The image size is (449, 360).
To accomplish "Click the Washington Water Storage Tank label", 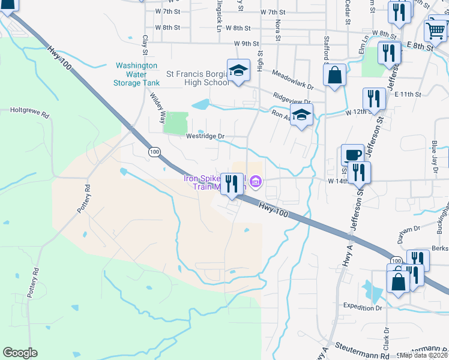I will click(x=136, y=74).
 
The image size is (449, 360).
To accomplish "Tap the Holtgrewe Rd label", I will click(x=29, y=110).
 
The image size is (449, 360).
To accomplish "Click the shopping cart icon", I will click(x=435, y=29).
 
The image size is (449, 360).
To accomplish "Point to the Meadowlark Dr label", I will click(x=292, y=79).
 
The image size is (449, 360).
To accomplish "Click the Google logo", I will click(x=20, y=353).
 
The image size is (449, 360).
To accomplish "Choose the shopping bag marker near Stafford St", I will click(x=335, y=76).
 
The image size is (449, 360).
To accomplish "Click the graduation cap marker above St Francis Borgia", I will click(x=238, y=70).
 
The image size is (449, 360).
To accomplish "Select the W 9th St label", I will click(x=247, y=44).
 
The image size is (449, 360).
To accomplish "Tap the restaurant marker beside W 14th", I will click(x=360, y=173).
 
